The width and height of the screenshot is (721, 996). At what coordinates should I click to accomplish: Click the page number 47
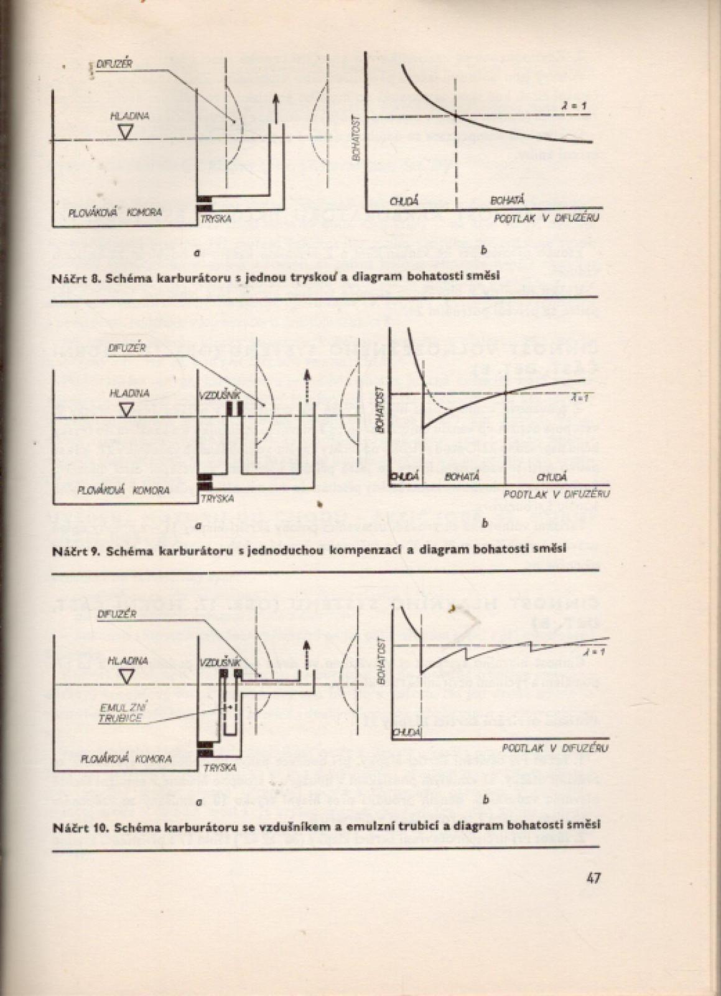[x=592, y=878]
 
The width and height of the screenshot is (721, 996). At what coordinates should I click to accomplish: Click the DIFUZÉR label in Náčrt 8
[x=115, y=64]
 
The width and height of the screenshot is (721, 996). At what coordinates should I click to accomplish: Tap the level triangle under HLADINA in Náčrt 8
[x=126, y=131]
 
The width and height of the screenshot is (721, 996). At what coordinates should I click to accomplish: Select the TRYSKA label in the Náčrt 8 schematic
[x=216, y=219]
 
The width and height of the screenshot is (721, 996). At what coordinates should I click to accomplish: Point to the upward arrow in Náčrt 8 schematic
[x=276, y=108]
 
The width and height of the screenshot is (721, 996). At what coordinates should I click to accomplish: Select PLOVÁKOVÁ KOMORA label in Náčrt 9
[x=124, y=490]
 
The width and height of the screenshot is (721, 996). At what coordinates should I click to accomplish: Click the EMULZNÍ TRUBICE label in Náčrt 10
[x=122, y=712]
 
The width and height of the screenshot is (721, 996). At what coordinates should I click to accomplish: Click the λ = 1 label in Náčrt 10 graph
[x=590, y=652]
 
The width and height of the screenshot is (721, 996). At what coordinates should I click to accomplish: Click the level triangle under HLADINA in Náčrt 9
[x=126, y=409]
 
